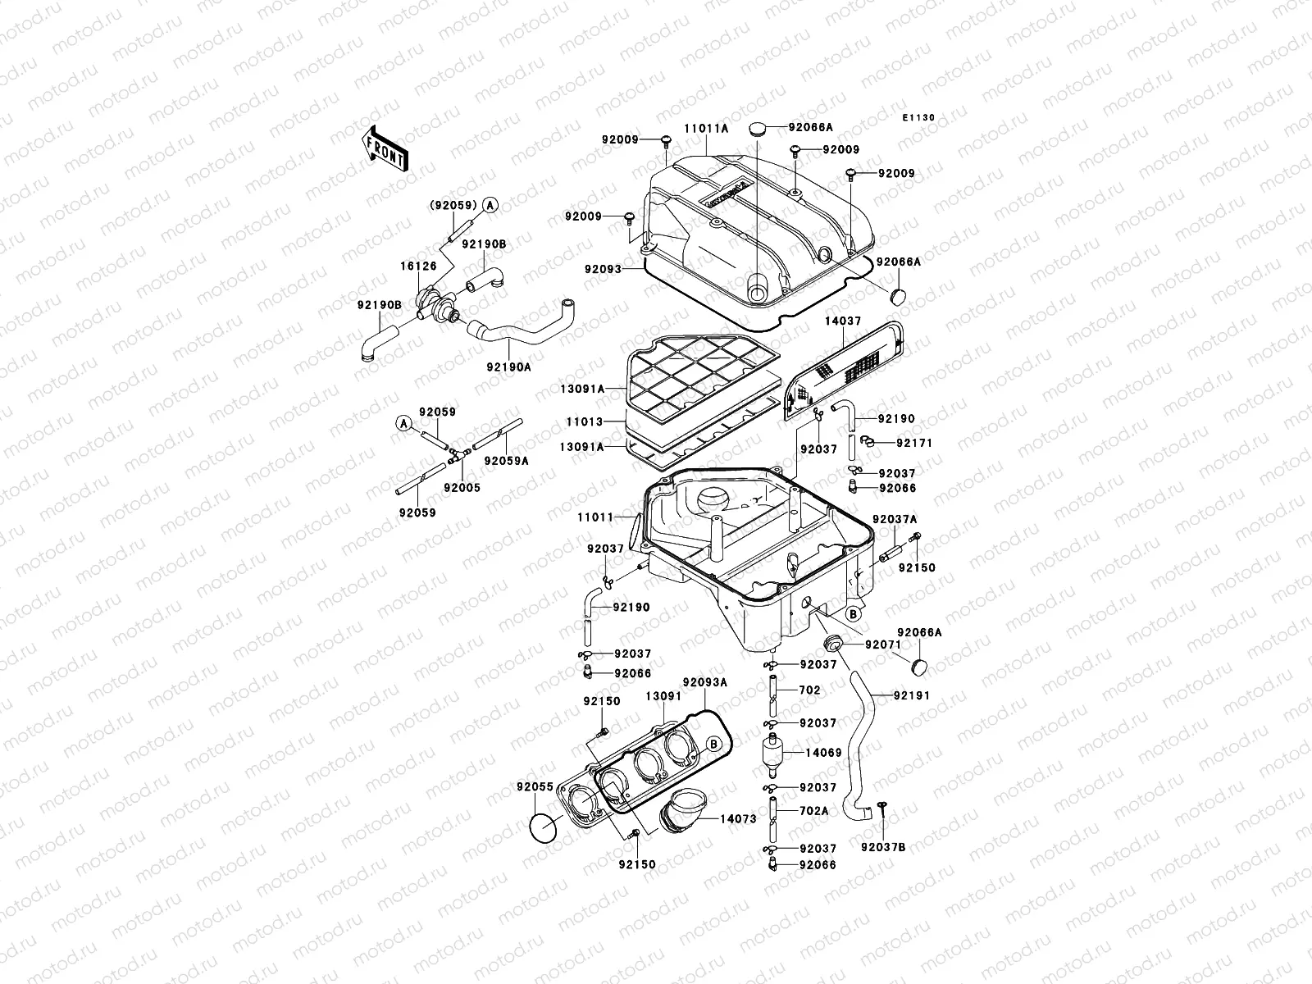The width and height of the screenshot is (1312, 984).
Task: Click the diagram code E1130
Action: pos(918,118)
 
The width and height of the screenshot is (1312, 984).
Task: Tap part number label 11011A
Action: pos(706,129)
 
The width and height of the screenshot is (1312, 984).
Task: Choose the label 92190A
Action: pos(508,367)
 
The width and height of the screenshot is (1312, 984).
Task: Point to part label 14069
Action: pos(823,752)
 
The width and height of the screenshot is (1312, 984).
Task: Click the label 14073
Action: pos(738,818)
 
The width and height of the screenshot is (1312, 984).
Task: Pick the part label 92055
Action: pos(535,787)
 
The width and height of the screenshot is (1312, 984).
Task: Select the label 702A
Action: pos(815,810)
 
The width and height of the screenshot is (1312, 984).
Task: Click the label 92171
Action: pos(914,443)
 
